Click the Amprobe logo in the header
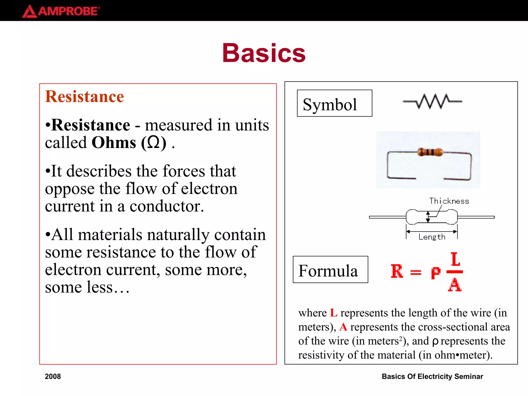click(x=61, y=11)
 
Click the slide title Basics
click(x=264, y=53)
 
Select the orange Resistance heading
click(x=85, y=97)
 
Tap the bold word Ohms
click(x=114, y=143)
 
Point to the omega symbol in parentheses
click(x=154, y=143)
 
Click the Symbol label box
click(x=334, y=103)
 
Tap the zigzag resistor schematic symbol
click(x=432, y=101)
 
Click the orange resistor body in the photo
click(x=430, y=152)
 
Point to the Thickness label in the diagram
click(x=449, y=201)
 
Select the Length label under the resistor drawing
click(x=432, y=237)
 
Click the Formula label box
click(x=330, y=270)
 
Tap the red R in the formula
click(x=397, y=271)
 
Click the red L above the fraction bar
click(x=455, y=259)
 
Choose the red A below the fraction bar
click(x=455, y=285)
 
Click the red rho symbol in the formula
click(x=436, y=273)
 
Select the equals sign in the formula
click(x=416, y=272)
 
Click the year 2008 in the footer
click(x=53, y=376)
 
